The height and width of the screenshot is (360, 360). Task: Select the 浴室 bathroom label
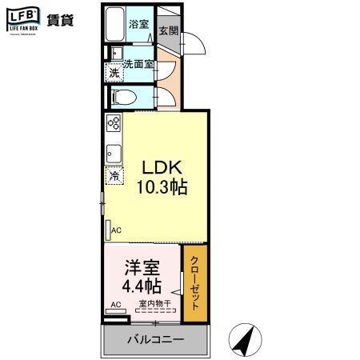click(139, 24)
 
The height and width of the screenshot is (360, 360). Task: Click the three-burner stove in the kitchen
click(114, 125)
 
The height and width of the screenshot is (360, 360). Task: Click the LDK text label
click(163, 168)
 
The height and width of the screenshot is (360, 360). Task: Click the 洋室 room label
click(141, 267)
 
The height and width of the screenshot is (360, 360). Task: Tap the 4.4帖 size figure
click(142, 286)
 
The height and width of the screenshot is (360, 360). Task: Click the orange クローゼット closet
click(194, 285)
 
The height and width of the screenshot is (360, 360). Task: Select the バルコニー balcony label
click(156, 339)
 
